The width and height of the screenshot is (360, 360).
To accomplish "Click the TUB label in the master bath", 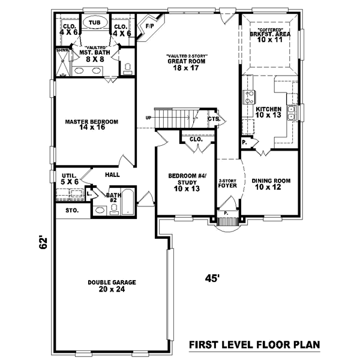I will [x=94, y=22].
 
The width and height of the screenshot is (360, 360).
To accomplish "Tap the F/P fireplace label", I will [x=149, y=26].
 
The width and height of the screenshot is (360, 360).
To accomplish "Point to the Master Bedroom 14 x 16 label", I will [x=91, y=124].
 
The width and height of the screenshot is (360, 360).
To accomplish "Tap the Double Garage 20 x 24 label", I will [x=111, y=286].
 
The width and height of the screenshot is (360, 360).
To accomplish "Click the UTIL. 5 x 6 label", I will [x=70, y=178].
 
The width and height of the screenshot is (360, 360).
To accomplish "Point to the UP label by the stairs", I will [x=148, y=118].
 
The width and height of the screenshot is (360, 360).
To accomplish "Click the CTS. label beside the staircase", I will [x=213, y=119].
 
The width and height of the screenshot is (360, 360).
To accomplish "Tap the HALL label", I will [x=112, y=175].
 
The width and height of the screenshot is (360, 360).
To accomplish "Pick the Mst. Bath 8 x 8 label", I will [x=94, y=55].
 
